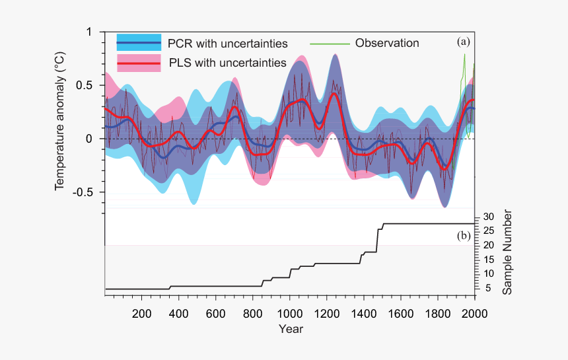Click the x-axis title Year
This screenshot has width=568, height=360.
point(291,328)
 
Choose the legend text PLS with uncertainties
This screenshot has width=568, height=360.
point(227,63)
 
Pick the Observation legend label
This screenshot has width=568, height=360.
point(387,43)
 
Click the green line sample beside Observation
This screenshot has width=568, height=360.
point(329,44)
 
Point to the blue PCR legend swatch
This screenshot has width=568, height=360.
point(139,44)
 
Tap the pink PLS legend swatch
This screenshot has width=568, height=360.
point(139,63)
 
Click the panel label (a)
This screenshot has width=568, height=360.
point(464,41)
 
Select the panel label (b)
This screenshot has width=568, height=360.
point(464,235)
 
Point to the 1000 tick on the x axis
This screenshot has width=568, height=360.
point(289,313)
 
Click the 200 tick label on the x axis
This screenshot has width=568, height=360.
point(141,313)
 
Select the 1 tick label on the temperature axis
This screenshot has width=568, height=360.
point(89,32)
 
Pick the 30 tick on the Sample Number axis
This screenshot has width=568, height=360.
point(488,217)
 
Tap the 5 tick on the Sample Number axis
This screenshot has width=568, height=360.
point(487,288)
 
